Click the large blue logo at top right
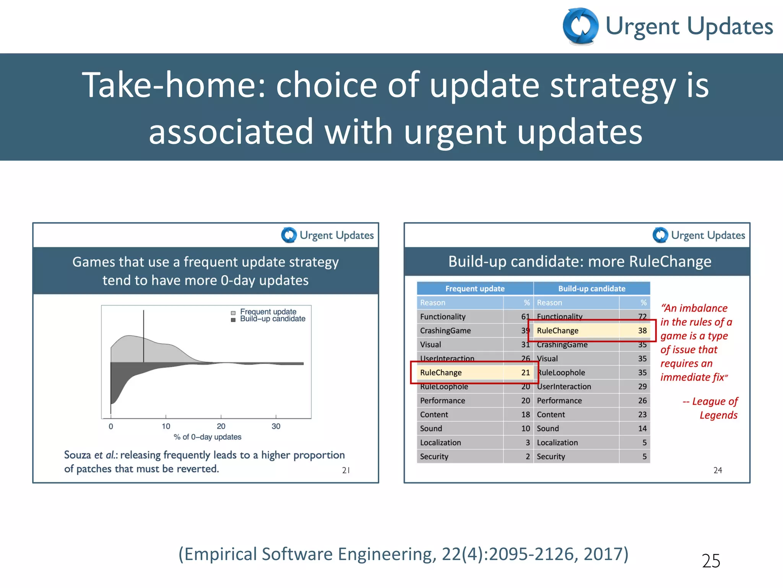[580, 26]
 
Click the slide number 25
[711, 561]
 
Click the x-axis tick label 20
[221, 426]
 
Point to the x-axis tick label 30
[276, 426]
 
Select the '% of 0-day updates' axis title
[208, 437]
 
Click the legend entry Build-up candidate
[272, 319]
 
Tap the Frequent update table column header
[475, 289]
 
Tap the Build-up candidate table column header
[591, 289]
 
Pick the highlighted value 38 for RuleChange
[642, 330]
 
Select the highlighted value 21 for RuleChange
[525, 372]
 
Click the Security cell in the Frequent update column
[434, 456]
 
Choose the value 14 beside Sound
[642, 428]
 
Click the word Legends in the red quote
[718, 415]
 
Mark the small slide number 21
[346, 470]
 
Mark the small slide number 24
[718, 470]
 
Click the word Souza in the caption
[77, 455]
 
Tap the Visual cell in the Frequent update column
[430, 345]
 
